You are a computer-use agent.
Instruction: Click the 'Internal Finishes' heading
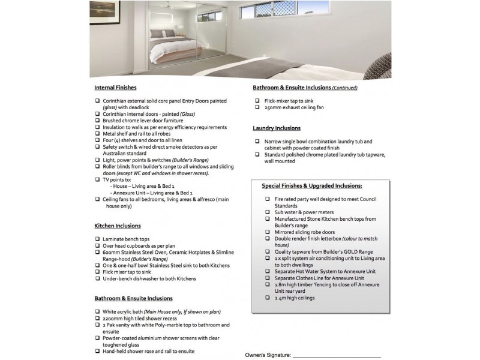(115, 88)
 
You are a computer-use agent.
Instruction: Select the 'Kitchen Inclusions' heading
(118, 226)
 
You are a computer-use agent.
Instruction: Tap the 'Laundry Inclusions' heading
(277, 128)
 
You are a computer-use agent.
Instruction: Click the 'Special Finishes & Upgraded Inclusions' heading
(316, 186)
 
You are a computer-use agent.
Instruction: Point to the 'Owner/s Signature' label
(268, 355)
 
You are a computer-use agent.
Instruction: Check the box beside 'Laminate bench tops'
(97, 239)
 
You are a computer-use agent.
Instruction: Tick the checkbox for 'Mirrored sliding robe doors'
(268, 232)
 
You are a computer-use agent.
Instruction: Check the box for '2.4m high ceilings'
(268, 298)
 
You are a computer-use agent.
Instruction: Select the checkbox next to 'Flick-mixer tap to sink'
(257, 101)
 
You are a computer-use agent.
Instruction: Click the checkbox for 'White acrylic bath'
(97, 312)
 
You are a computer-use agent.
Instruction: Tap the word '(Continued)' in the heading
(345, 88)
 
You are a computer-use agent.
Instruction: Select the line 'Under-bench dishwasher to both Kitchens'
(149, 278)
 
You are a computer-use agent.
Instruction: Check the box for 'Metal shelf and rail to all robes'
(97, 134)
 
